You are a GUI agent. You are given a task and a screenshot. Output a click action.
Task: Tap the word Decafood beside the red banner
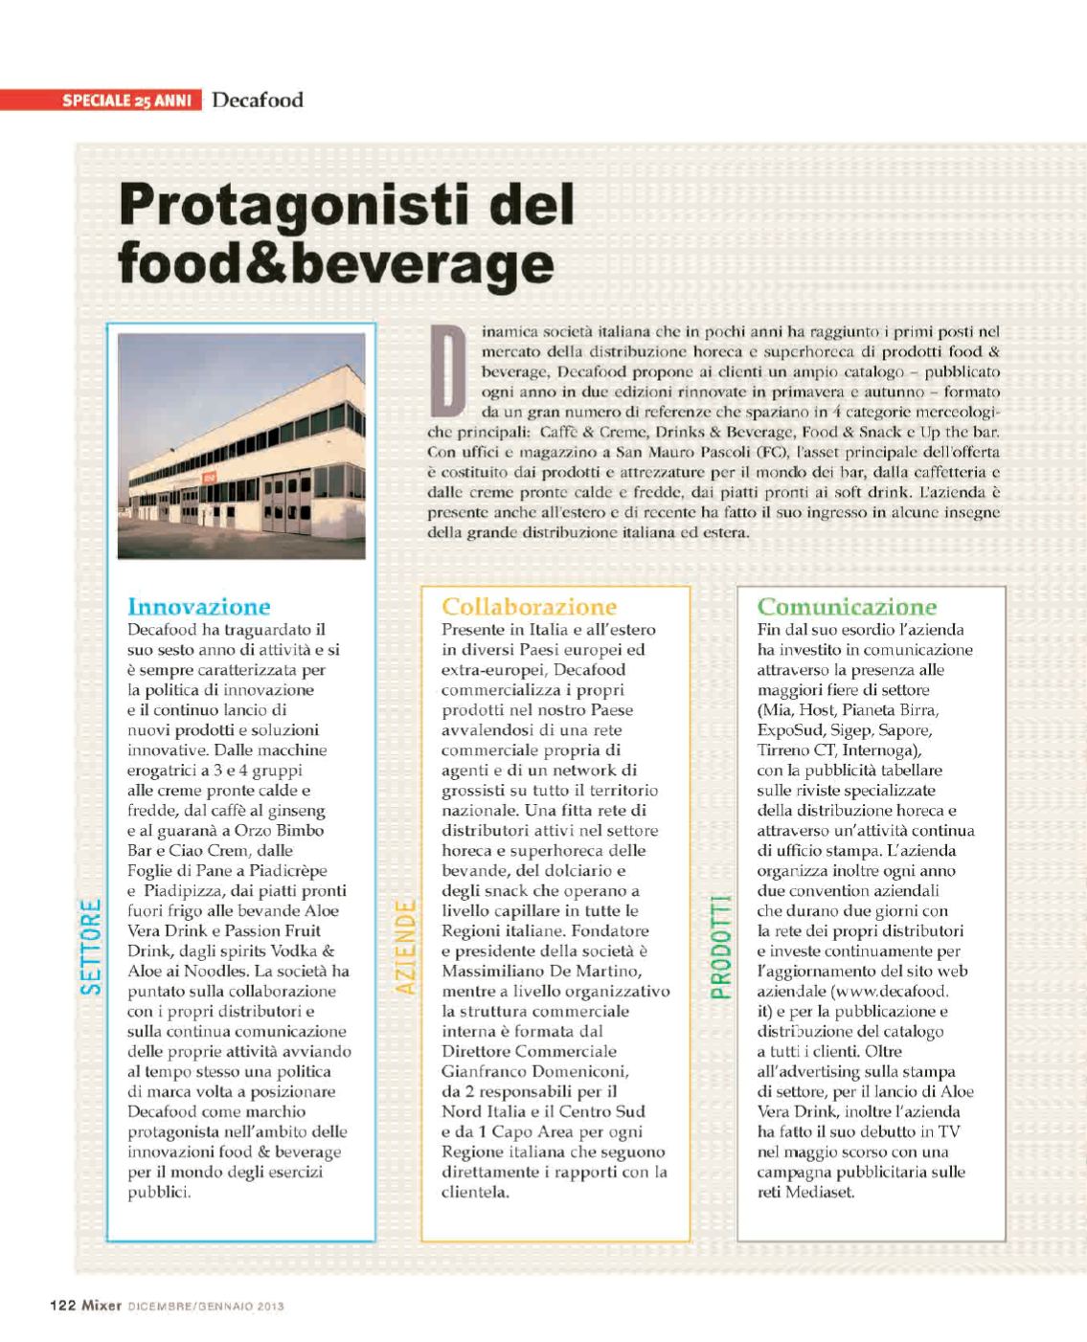point(258,100)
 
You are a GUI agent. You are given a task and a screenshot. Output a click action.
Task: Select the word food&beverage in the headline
point(335,262)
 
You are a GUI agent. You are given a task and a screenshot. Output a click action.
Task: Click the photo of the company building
point(241,445)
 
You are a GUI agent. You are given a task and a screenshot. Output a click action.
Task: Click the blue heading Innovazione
point(198,607)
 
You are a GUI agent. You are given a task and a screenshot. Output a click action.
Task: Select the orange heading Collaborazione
point(529,607)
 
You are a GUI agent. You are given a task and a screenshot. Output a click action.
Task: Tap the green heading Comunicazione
point(847,607)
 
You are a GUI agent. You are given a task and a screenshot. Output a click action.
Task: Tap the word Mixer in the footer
point(101,1305)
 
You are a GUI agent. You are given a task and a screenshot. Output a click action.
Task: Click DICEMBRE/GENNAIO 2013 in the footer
point(206,1306)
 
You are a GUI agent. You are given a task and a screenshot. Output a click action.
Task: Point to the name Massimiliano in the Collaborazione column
point(493,972)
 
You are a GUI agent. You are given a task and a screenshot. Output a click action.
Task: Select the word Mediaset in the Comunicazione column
point(819,1193)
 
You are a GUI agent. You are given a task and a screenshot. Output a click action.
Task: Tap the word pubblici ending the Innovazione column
point(159,1193)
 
